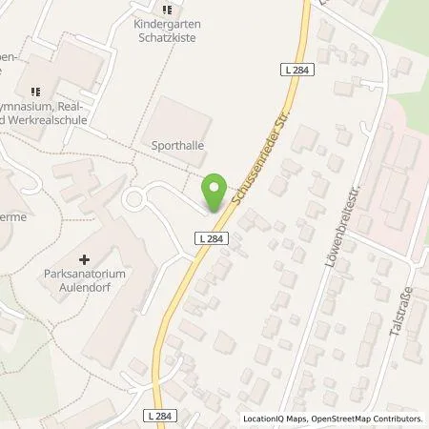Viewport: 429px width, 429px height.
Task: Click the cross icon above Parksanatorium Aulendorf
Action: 85,258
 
